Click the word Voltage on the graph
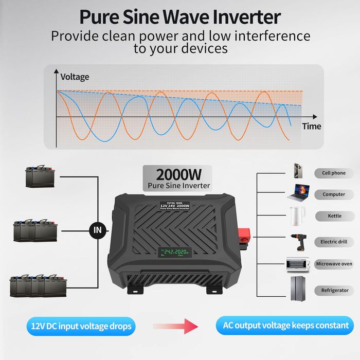pyautogui.click(x=75, y=77)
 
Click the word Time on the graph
pyautogui.click(x=311, y=126)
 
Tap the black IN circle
pyautogui.click(x=97, y=230)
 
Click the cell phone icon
pyautogui.click(x=298, y=171)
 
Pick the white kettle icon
pyautogui.click(x=297, y=215)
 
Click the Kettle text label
pyautogui.click(x=334, y=216)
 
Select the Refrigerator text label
pyautogui.click(x=334, y=291)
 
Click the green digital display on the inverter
pyautogui.click(x=174, y=253)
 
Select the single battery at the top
pyautogui.click(x=39, y=177)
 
